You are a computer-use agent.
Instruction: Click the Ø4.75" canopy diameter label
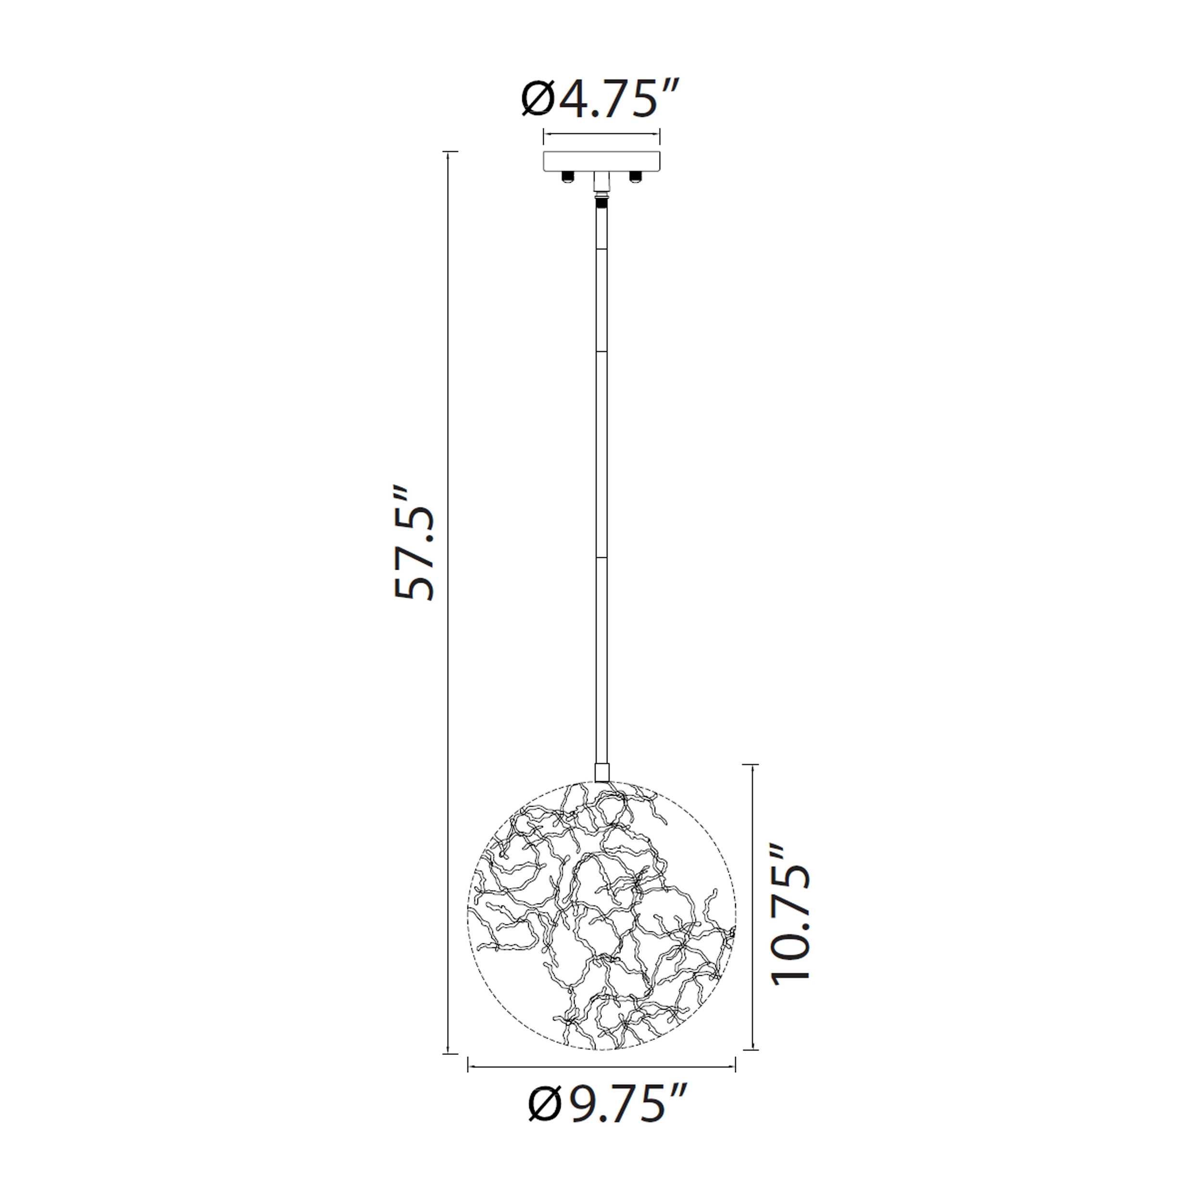[x=598, y=98]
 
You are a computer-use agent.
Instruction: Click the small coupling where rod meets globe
[x=601, y=772]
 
